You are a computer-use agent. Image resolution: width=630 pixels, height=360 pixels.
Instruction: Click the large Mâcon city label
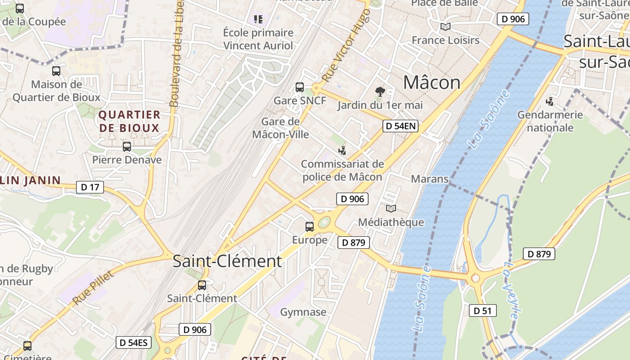pos(432,83)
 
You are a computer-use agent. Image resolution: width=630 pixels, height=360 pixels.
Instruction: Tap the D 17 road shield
pos(90,187)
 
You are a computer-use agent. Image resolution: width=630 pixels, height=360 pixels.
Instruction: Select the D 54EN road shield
pos(400,126)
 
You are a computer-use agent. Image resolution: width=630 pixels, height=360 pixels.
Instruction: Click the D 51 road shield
pos(483,310)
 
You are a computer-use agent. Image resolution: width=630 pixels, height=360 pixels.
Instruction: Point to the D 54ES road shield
pos(133,342)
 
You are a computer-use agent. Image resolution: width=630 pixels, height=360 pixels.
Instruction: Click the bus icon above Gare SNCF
pos(300,87)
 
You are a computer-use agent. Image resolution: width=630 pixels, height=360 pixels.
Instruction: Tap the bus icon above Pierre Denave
pos(127,147)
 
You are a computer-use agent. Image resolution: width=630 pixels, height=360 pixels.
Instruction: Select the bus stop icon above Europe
pos(310,227)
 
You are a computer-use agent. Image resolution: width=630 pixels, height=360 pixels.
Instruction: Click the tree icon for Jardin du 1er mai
pos(380,92)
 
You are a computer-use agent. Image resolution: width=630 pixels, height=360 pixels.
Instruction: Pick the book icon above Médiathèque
pos(391,209)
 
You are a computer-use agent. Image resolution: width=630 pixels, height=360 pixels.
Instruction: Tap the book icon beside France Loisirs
pos(445,27)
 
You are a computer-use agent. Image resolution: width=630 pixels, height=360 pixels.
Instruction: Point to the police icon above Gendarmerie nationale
pos(549,102)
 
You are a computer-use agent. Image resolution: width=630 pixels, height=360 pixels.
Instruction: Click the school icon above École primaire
pos(258,19)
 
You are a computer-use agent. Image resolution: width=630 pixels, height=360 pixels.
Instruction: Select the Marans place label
pos(430,179)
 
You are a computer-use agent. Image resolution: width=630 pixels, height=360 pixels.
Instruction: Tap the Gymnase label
pos(303,312)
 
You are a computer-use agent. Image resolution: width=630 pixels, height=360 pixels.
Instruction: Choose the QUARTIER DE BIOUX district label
pos(129,121)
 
